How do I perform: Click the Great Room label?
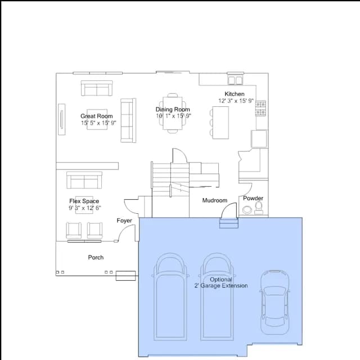click(x=96, y=116)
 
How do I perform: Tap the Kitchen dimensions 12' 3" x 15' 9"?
click(x=236, y=101)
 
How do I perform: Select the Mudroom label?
click(x=215, y=200)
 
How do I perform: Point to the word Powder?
click(x=253, y=198)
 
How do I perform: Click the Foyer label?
click(x=124, y=220)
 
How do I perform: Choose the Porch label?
click(x=96, y=258)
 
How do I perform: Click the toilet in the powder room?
click(x=259, y=208)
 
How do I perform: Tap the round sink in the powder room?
click(x=247, y=210)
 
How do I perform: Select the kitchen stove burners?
click(x=261, y=108)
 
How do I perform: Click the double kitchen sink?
click(x=235, y=80)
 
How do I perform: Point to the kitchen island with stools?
click(x=219, y=123)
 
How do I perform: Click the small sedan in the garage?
click(x=275, y=303)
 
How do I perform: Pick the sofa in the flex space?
click(x=84, y=180)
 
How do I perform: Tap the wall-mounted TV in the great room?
click(x=61, y=119)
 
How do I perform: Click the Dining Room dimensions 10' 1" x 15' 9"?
click(x=173, y=116)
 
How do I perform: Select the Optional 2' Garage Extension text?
click(x=221, y=282)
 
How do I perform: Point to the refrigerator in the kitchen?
click(x=259, y=139)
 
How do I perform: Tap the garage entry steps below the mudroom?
click(x=229, y=223)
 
